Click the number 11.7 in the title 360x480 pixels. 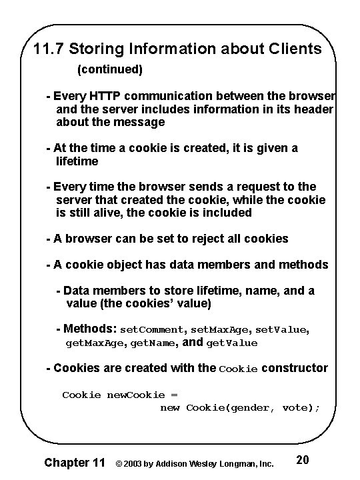(49, 49)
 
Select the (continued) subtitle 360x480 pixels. (110, 69)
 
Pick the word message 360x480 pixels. (139, 122)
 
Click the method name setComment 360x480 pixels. (153, 329)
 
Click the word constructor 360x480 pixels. (295, 368)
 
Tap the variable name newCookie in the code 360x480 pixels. (132, 395)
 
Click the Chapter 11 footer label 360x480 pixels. (73, 461)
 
